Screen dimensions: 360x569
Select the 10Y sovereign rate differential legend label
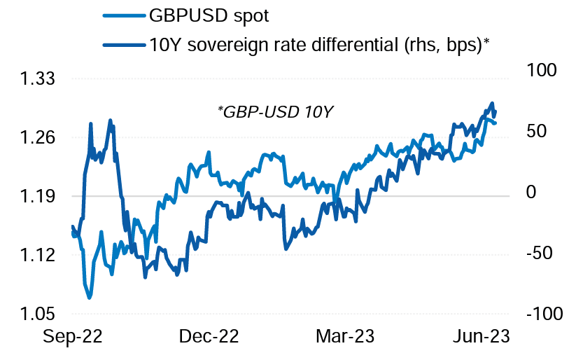[x=318, y=45]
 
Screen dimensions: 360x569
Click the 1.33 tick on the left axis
[x=40, y=79]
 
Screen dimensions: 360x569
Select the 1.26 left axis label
[x=40, y=138]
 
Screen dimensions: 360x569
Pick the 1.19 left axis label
[x=40, y=197]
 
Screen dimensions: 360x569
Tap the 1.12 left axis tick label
[x=40, y=256]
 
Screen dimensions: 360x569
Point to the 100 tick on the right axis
[x=537, y=71]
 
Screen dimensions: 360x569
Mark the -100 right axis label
[x=542, y=314]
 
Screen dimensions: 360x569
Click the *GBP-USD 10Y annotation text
[x=275, y=111]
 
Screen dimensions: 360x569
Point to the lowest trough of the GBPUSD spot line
[x=90, y=298]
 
